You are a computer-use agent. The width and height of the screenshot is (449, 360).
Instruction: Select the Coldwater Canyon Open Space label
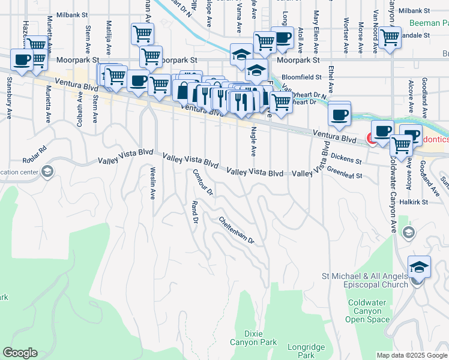click(x=367, y=311)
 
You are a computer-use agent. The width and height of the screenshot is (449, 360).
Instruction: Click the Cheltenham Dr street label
click(x=237, y=230)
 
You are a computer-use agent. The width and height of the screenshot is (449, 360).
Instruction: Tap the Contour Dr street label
click(x=202, y=183)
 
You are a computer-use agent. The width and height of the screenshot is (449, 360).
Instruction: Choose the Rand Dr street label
click(x=194, y=212)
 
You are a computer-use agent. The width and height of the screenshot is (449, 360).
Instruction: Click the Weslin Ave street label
click(x=153, y=183)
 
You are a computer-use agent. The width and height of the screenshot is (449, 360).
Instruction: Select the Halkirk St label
click(x=415, y=202)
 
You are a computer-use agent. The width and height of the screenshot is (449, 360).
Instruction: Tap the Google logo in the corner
click(x=20, y=353)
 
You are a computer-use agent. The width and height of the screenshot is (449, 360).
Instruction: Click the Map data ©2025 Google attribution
click(x=411, y=355)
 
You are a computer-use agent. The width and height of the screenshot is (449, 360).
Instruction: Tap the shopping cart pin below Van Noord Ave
click(x=390, y=37)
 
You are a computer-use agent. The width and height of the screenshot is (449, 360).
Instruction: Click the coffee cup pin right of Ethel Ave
click(x=339, y=114)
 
